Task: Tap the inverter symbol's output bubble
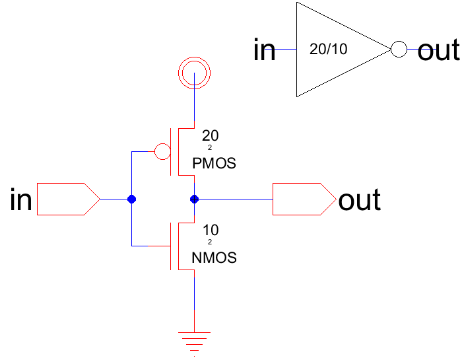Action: tap(398, 50)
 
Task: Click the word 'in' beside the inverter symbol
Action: tap(265, 50)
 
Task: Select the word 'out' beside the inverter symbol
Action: tap(438, 50)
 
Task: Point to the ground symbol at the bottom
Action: tap(194, 338)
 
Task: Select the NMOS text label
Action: tap(214, 258)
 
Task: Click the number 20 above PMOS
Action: tap(209, 136)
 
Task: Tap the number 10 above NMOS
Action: tap(209, 231)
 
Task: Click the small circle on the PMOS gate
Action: tap(162, 152)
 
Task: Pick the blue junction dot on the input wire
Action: tap(131, 199)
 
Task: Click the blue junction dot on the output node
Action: tap(194, 199)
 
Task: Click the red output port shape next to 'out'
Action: tap(303, 199)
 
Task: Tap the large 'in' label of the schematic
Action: tap(21, 199)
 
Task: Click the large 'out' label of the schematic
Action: tap(359, 199)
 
